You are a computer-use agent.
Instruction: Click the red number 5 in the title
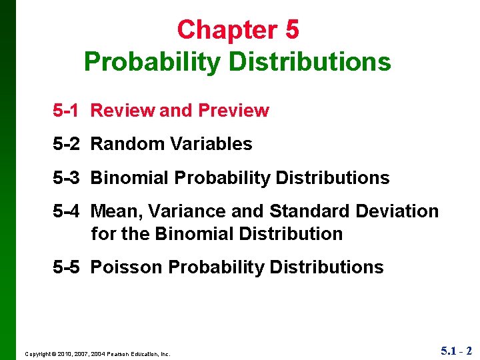(x=292, y=30)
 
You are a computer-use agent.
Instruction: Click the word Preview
(x=233, y=111)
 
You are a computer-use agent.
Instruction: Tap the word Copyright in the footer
(x=38, y=354)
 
